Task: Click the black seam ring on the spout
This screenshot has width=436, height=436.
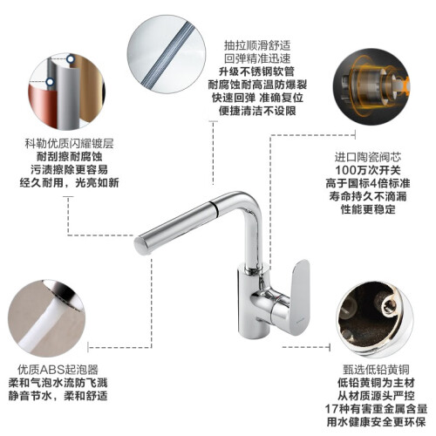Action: pos(215,207)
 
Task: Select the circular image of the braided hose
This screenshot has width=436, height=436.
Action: pos(167,54)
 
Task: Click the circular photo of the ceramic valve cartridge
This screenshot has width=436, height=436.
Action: pos(371,86)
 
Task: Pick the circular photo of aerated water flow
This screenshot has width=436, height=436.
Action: pos(46,318)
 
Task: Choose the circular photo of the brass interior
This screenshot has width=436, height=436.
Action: pos(375,319)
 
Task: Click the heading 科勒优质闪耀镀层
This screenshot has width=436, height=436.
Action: pos(69,144)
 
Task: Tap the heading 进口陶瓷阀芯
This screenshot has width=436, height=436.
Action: pos(368,157)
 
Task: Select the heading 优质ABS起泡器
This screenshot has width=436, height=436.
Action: pos(58,370)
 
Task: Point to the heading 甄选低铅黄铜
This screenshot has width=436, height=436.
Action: pos(376,370)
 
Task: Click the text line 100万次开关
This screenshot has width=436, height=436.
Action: pos(368,170)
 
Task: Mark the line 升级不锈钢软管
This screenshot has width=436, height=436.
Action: pos(257,72)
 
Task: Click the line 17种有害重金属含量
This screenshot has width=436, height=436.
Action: pos(376,409)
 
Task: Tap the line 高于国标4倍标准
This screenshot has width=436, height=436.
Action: pos(368,183)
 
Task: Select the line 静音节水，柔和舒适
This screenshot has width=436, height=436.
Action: pos(58,396)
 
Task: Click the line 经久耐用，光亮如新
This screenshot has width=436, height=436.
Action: pos(69,182)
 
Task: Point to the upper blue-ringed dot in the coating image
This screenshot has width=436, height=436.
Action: pos(71,59)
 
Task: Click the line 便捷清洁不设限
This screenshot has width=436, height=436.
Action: pos(257,111)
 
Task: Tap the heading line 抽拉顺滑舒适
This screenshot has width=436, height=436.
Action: pos(257,45)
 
